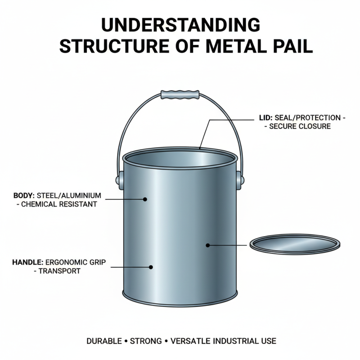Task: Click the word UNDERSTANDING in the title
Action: click(x=180, y=26)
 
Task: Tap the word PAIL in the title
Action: click(x=289, y=46)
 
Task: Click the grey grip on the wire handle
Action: click(x=180, y=95)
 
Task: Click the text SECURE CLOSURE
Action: click(x=300, y=126)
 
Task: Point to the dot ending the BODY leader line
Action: click(x=145, y=198)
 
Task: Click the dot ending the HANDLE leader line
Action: click(x=151, y=267)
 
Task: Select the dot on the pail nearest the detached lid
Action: click(x=208, y=245)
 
